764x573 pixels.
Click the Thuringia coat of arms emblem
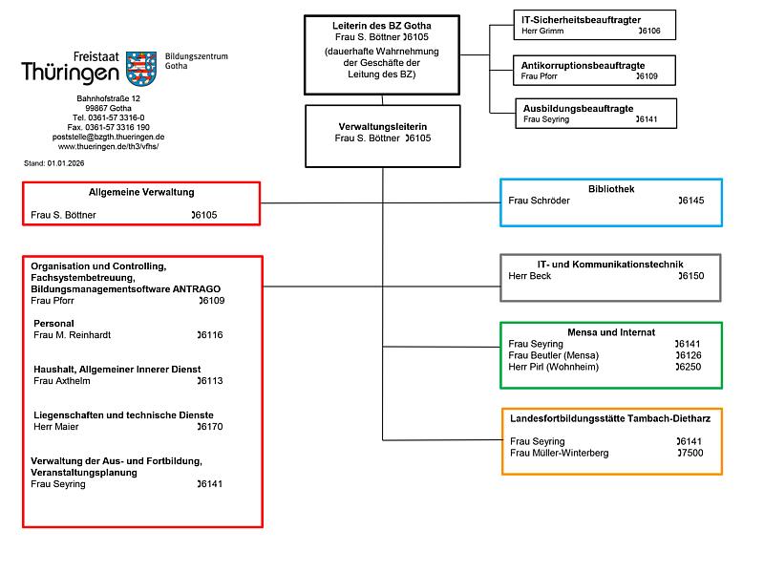141,68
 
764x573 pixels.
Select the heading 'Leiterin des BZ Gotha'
381,26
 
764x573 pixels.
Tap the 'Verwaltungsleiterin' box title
383,127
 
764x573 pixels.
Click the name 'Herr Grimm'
542,31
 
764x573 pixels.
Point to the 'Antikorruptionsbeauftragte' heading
583,65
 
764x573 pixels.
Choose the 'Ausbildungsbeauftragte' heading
579,108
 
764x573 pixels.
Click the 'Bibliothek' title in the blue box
611,189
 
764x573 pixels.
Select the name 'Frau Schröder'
539,201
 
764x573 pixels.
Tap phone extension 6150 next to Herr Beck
691,276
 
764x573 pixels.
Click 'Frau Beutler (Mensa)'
554,355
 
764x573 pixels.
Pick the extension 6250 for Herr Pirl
688,367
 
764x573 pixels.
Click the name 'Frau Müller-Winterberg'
560,453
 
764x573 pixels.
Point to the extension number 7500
690,453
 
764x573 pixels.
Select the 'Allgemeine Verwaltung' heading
141,193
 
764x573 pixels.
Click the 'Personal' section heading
53,324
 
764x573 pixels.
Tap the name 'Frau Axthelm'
62,380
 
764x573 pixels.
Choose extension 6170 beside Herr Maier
210,426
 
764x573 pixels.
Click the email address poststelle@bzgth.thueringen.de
108,137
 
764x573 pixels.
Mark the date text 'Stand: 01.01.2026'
54,163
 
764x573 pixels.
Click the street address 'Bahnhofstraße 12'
108,98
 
